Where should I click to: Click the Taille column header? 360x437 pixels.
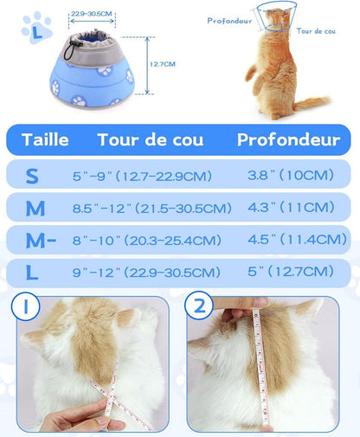coord(45,140)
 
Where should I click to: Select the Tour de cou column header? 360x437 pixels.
coord(151,140)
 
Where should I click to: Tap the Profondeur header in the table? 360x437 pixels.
coord(288,140)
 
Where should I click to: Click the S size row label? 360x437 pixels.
coord(32,176)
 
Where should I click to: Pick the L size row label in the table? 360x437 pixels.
coord(32,273)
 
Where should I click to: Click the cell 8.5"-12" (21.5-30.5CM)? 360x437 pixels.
coord(152,208)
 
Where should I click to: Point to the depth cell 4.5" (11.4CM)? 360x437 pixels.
coord(297,240)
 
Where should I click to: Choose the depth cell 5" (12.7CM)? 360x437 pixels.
coord(291,272)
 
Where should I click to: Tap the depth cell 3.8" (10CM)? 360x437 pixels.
coord(291,175)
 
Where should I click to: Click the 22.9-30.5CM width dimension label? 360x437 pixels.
coord(92,14)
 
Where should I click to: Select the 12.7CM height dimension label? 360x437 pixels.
coord(163,64)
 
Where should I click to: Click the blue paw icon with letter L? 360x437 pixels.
coord(36,28)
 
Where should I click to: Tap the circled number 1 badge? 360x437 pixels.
coord(25,306)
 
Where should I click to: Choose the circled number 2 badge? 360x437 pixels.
coord(199,305)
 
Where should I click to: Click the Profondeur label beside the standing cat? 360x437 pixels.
coord(229,21)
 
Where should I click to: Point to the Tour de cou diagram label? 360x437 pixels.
coord(316,31)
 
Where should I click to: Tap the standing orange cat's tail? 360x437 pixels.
coord(312,103)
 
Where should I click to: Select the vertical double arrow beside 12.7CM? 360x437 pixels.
coord(147,66)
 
